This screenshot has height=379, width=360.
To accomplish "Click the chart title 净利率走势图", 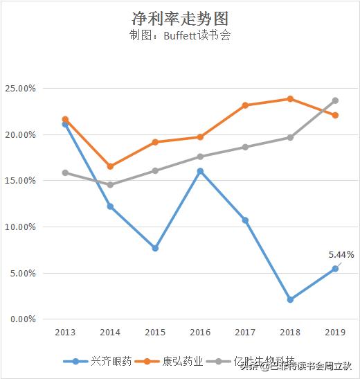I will coord(180,18).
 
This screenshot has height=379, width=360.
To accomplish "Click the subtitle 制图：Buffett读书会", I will coord(179,37).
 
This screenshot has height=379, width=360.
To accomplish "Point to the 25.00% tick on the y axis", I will coord(21,89).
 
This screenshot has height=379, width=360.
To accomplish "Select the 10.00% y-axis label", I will coord(21,227).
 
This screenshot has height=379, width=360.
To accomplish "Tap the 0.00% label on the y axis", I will coord(23,319).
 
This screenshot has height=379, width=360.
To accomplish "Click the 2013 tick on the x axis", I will coord(66,333).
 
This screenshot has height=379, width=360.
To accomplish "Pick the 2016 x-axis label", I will coord(200,333).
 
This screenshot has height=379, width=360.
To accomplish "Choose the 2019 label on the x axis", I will coord(335,333).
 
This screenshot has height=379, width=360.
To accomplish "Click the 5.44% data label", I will coord(341,254).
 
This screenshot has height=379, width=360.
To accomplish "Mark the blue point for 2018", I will coord(290,299).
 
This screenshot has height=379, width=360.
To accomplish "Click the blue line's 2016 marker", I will coord(200,170).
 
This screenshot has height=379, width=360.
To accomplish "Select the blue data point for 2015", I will coord(155,248).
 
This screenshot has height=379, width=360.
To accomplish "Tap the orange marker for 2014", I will coord(110,166).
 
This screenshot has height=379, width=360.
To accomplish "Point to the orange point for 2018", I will coord(290,99).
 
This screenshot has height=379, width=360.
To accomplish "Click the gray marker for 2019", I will coord(335,100).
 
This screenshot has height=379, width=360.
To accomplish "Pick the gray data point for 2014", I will coord(110,185).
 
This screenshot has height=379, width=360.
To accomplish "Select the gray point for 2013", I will coord(66,173).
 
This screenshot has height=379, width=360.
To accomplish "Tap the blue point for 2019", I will coord(335,269).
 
